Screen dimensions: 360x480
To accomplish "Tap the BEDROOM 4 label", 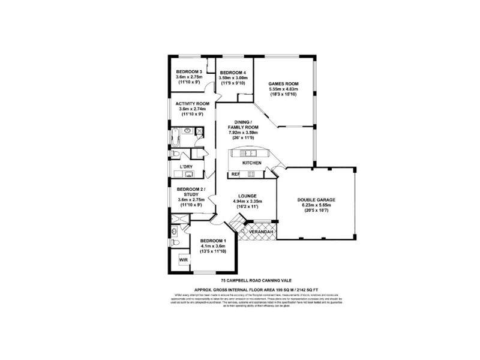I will (233, 73).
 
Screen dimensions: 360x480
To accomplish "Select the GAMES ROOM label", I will (283, 83).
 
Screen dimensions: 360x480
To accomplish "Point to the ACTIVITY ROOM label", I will (192, 104).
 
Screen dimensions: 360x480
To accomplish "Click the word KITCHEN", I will (251, 163).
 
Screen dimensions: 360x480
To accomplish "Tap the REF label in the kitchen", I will (235, 175).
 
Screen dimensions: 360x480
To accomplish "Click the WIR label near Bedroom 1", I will (184, 260).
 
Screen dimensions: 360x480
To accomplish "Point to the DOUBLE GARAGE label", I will (316, 199).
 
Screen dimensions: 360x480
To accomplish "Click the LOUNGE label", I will (247, 196).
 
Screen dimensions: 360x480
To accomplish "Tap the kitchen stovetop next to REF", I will (251, 175).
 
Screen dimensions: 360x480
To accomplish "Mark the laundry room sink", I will (188, 175).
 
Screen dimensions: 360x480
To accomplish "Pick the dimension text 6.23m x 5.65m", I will (316, 205).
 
